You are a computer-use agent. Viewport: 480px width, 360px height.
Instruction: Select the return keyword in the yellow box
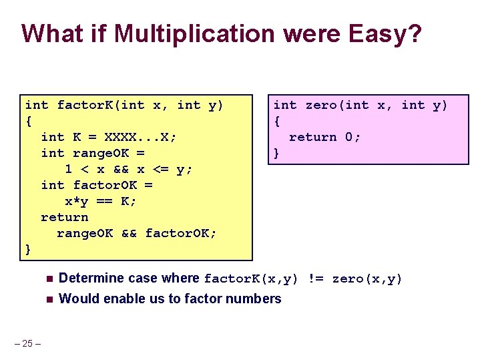[x=64, y=217]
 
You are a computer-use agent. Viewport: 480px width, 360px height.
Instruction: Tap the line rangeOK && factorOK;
[x=137, y=233]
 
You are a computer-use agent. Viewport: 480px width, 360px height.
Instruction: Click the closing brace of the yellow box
[x=28, y=249]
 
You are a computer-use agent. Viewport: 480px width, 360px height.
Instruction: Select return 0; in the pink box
[x=324, y=137]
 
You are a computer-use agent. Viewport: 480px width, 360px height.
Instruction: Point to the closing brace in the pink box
[x=276, y=153]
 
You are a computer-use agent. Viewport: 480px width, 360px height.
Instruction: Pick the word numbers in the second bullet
[x=256, y=299]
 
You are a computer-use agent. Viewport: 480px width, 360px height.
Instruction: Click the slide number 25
[x=27, y=343]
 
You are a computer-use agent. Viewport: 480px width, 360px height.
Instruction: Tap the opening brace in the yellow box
[x=28, y=121]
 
